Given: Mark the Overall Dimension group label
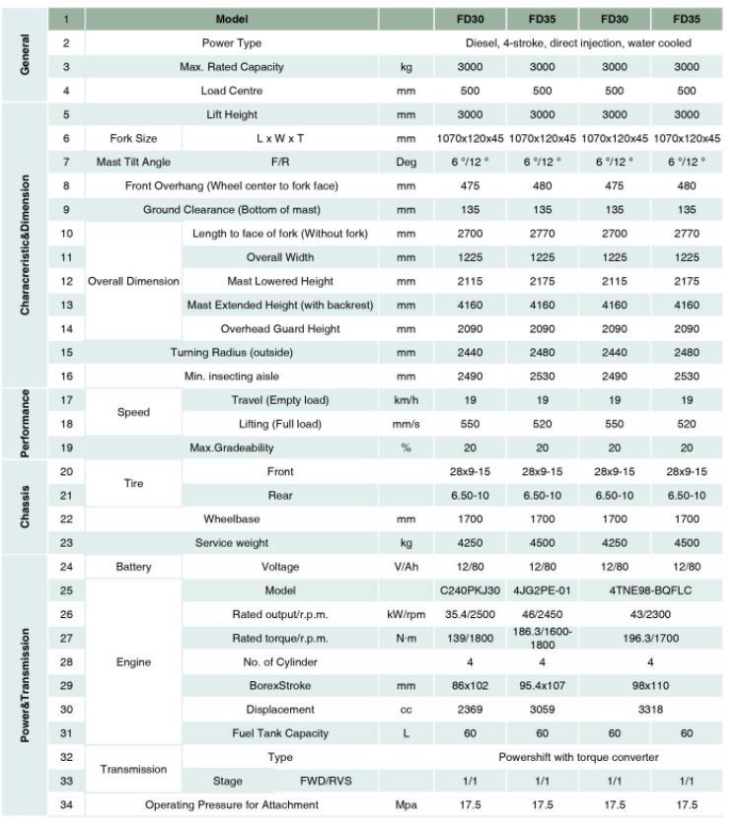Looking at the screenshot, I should pos(133,281).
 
